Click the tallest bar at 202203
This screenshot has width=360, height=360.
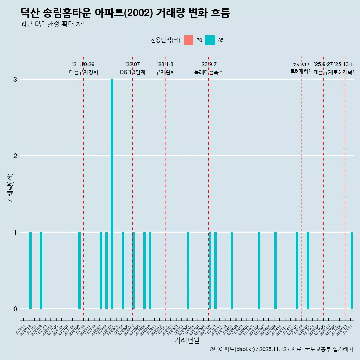coord(112,194)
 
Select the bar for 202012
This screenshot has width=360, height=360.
coord(30,270)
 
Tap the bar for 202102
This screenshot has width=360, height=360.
coord(41,270)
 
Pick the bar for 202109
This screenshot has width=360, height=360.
coord(79,270)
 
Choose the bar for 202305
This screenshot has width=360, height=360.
coord(188,270)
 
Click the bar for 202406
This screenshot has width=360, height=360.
coord(259,270)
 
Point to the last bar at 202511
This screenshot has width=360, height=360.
coord(352,270)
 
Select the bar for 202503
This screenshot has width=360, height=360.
coord(308,270)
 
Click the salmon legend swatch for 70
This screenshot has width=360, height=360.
coord(189,40)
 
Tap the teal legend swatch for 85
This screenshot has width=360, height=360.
coord(210,40)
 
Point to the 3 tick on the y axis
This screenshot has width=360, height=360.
coord(15,79)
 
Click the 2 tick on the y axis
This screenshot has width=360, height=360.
coord(15,156)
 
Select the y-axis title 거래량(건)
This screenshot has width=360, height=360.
coord(10,187)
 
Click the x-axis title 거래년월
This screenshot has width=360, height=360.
coord(187,340)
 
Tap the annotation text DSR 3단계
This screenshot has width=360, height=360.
coord(132,72)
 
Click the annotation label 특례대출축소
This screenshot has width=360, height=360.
coord(208,72)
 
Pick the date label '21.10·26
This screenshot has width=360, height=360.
coord(83,64)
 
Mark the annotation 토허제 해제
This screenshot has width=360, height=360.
coord(301,71)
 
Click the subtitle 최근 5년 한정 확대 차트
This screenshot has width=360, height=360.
coord(54,24)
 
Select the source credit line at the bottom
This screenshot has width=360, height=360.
coord(281,349)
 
